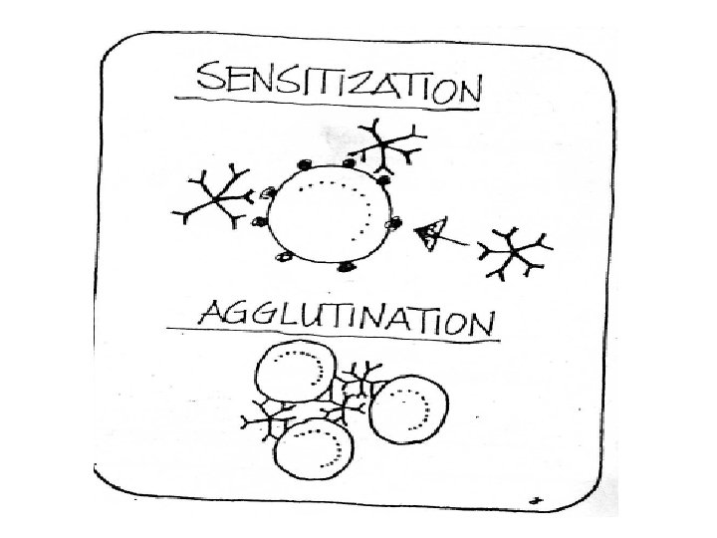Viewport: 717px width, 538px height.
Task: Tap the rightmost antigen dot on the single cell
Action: [393, 222]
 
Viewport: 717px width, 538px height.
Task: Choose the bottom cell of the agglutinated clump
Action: [313, 451]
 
